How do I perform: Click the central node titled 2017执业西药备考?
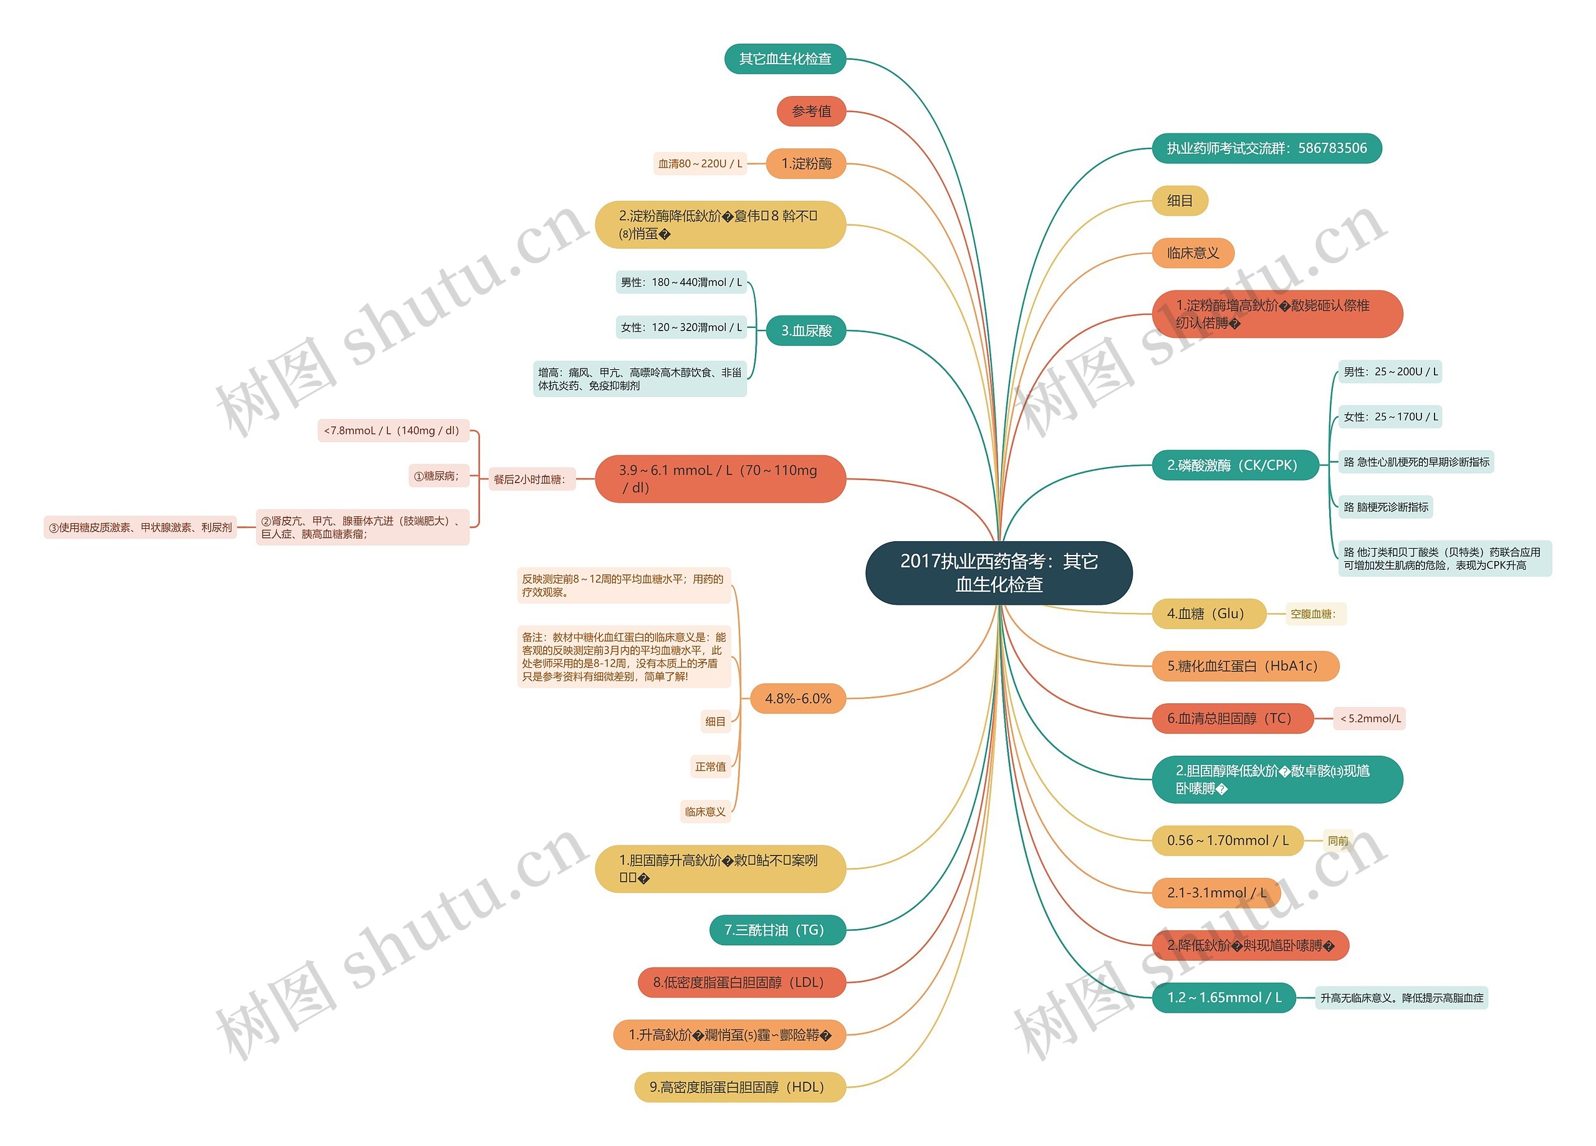point(998,572)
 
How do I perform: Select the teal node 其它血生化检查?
point(785,59)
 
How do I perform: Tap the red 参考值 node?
point(810,111)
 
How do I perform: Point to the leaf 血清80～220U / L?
point(699,163)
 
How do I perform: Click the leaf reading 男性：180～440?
point(680,282)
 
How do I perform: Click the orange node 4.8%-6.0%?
point(797,698)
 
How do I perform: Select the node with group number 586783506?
point(1266,148)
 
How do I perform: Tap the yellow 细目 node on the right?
point(1180,201)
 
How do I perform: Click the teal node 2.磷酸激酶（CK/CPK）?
point(1234,465)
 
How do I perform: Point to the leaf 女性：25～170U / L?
point(1390,417)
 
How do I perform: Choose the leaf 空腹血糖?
point(1312,614)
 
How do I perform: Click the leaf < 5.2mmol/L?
point(1370,718)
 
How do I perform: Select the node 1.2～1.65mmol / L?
point(1223,997)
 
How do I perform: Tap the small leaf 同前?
point(1337,840)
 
